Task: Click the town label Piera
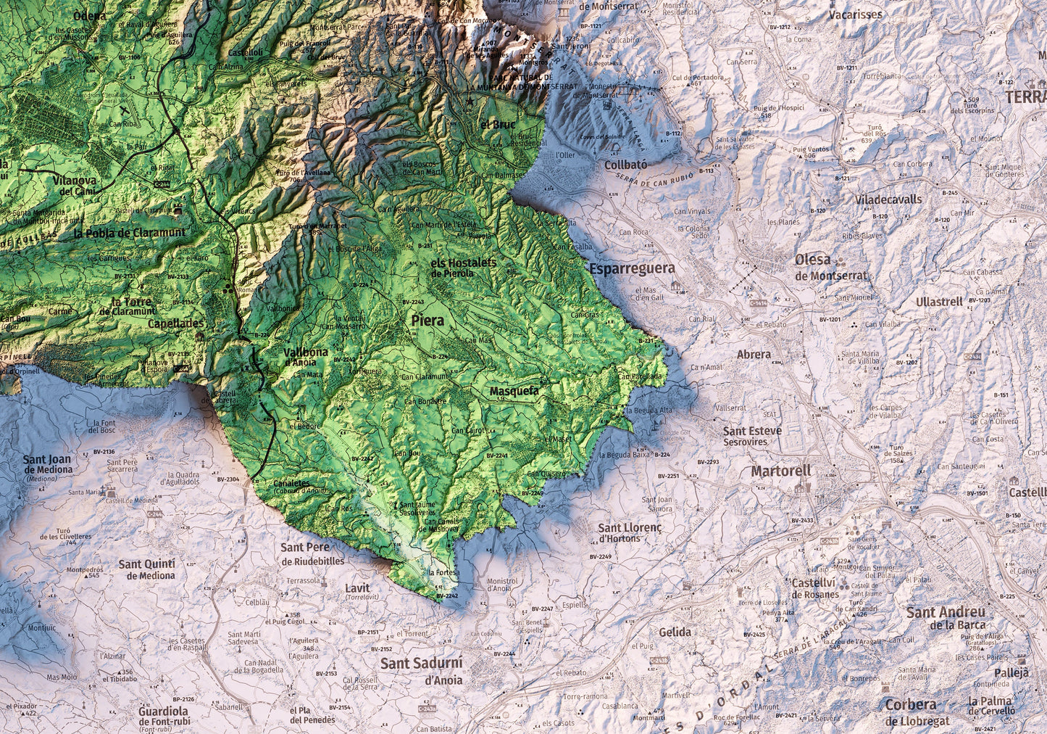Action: tap(427, 319)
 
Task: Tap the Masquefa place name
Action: tap(514, 391)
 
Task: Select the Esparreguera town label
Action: tap(632, 268)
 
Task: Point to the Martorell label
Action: tap(781, 471)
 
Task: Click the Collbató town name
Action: tap(625, 165)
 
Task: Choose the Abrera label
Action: tap(754, 355)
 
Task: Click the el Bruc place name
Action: tap(498, 124)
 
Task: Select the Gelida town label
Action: tap(675, 632)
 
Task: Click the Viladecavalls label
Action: tap(889, 199)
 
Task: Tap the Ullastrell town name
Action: tap(939, 302)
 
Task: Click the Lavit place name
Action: tap(357, 588)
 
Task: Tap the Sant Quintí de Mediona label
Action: tap(147, 569)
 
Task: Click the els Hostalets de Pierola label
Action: tap(462, 267)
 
